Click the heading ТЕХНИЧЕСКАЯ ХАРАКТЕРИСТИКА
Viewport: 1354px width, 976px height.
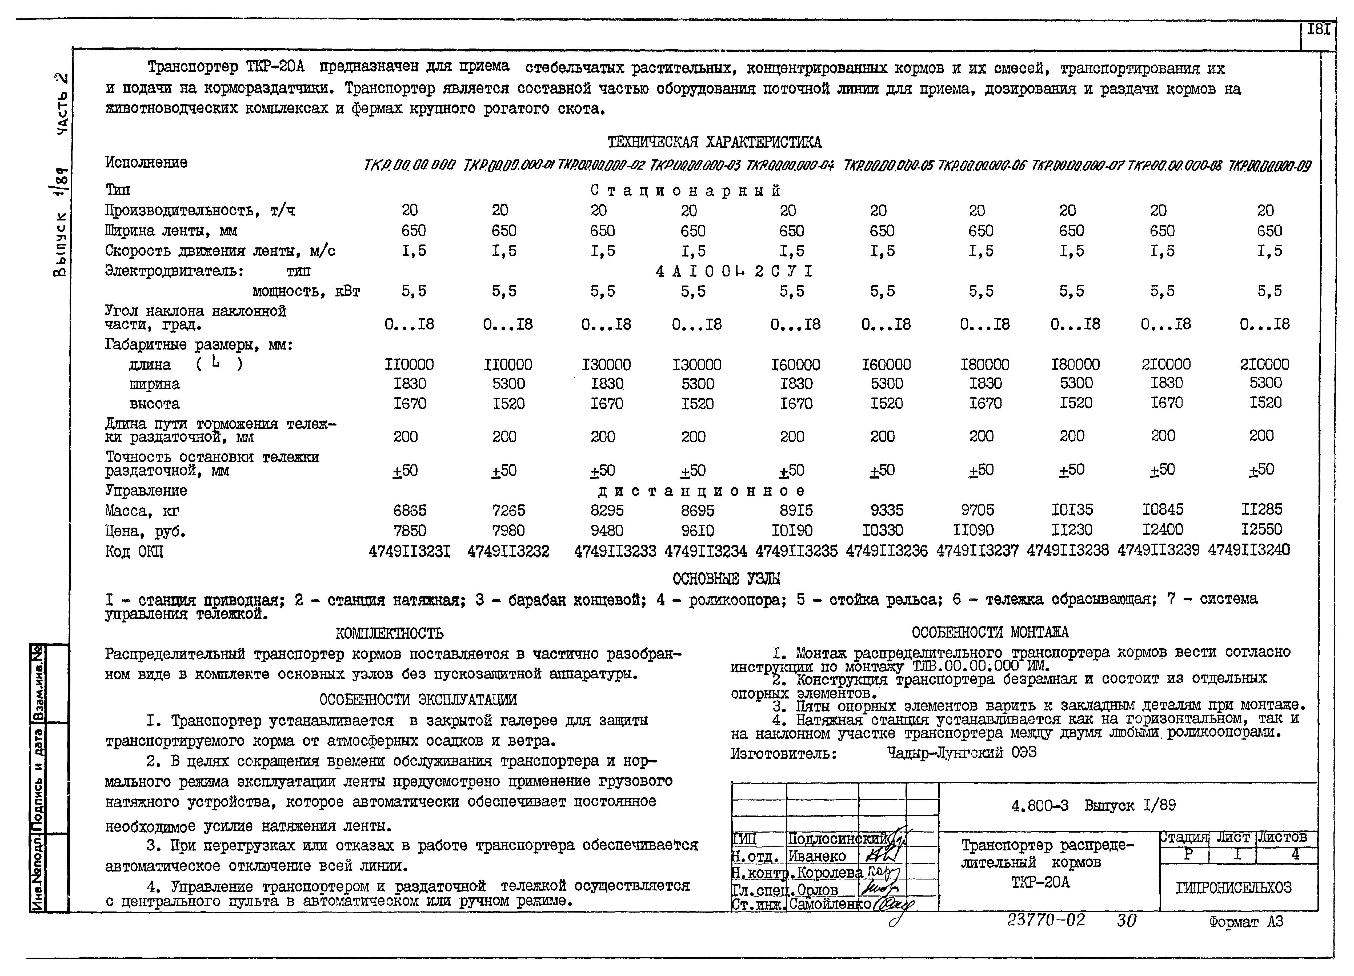pyautogui.click(x=714, y=142)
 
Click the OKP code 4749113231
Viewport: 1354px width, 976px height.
pyautogui.click(x=410, y=550)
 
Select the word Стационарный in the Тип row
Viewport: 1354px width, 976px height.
pyautogui.click(x=685, y=190)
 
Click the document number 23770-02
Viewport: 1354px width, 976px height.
pyautogui.click(x=1046, y=920)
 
